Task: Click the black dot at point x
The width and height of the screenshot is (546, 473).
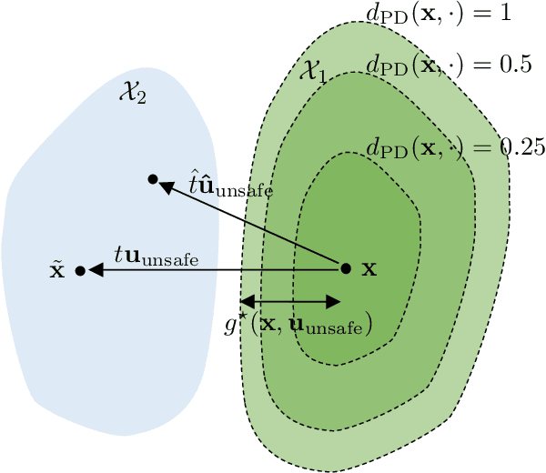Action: click(345, 268)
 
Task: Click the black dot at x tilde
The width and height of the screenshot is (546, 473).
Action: click(80, 270)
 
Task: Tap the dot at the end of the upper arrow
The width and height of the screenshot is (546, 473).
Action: click(153, 179)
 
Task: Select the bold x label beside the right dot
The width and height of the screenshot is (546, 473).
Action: click(369, 269)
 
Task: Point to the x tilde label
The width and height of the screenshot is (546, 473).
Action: click(56, 271)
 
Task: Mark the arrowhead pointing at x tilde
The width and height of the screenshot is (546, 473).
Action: click(94, 270)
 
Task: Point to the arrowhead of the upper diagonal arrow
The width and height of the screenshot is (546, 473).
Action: click(166, 186)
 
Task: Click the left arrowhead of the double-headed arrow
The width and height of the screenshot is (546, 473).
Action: click(246, 300)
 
